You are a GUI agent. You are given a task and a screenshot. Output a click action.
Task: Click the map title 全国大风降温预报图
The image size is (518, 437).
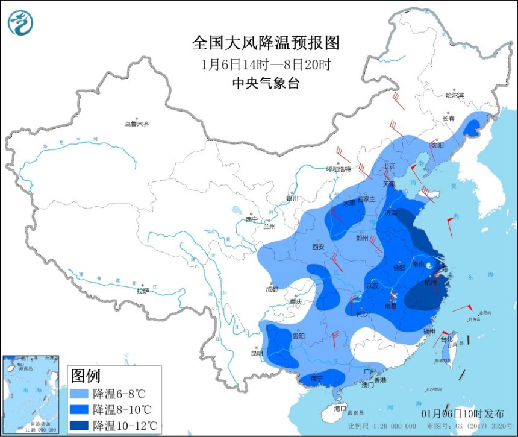266,43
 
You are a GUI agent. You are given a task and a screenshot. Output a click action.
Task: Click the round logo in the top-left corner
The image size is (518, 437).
20,22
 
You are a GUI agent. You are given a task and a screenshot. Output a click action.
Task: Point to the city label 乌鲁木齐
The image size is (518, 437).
137,124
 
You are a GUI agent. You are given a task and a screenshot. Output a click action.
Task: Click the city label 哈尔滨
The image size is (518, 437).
455,95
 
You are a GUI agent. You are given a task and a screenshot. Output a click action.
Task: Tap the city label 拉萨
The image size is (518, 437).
142,291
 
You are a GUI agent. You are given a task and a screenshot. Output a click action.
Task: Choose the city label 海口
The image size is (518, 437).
340,408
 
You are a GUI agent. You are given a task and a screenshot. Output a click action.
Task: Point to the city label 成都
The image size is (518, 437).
271,289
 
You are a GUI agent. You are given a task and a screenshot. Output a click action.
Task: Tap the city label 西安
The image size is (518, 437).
318,247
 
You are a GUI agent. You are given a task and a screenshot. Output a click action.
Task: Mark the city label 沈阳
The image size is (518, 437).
437,145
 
